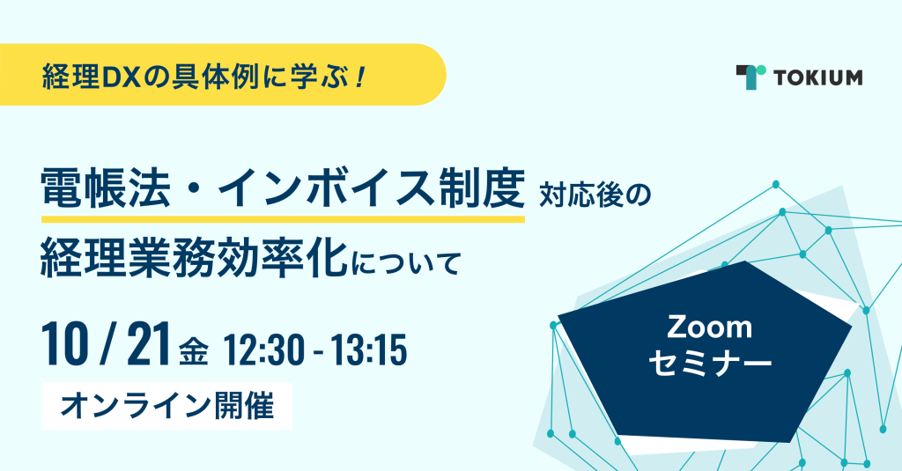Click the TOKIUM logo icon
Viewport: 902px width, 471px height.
click(750, 77)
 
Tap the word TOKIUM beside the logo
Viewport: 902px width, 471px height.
click(818, 77)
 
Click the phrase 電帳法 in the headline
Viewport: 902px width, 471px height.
click(106, 189)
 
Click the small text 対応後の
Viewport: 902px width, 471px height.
click(595, 195)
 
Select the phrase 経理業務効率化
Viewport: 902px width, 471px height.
click(195, 259)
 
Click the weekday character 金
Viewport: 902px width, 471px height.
click(193, 351)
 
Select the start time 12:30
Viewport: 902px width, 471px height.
click(262, 350)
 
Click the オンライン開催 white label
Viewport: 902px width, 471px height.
click(166, 406)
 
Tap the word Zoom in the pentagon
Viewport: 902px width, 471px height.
click(709, 327)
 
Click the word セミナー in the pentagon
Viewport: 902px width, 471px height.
click(710, 364)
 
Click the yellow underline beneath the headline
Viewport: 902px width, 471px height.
click(283, 219)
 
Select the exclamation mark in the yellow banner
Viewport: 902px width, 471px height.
click(360, 77)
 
